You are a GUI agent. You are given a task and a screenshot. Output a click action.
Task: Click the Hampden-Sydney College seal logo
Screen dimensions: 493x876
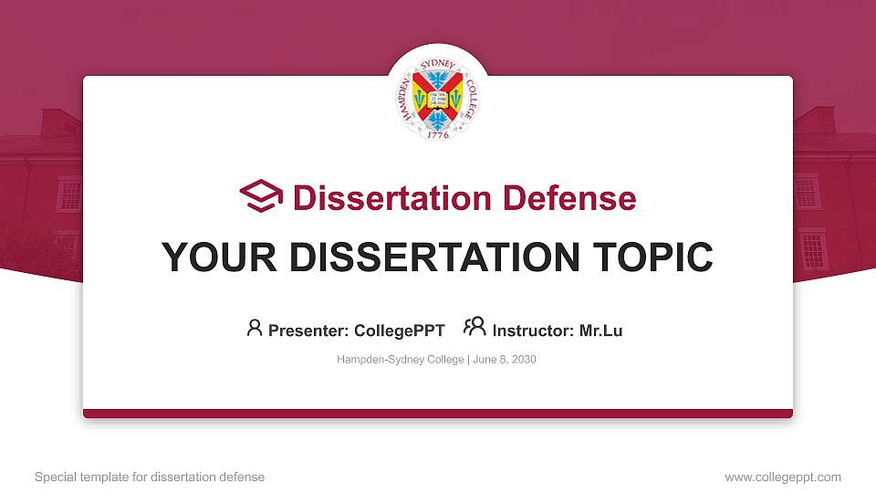438,94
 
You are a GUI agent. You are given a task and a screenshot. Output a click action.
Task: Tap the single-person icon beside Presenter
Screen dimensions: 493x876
255,328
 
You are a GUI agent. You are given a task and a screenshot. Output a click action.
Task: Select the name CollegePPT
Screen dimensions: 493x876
399,330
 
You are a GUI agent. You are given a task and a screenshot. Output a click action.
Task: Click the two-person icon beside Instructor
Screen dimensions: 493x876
474,328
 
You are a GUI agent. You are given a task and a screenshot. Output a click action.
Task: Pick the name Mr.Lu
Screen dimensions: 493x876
601,330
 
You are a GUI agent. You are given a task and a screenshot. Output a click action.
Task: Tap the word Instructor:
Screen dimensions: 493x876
534,330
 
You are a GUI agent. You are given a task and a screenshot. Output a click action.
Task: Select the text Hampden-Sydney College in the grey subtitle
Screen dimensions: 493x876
401,360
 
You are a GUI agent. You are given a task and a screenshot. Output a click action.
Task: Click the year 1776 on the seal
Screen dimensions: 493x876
438,134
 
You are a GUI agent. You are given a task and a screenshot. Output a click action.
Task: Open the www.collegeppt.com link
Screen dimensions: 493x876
782,477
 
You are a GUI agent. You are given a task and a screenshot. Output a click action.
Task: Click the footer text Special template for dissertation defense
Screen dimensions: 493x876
150,477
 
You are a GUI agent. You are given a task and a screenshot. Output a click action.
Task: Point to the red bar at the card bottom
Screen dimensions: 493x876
438,414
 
